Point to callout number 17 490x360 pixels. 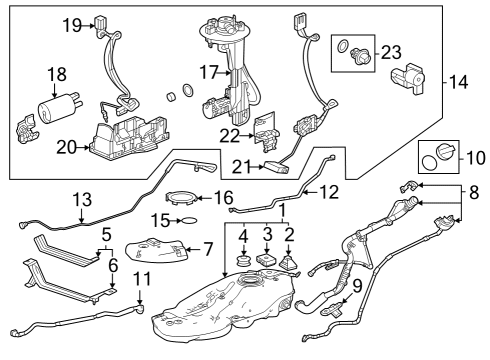pos(209,72)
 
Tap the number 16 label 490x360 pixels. pos(223,198)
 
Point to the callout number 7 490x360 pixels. pos(208,246)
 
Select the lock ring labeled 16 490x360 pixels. pos(182,198)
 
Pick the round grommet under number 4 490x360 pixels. pos(241,265)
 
